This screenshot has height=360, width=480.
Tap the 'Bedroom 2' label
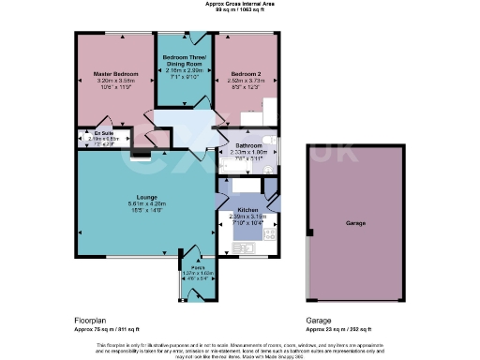point(247,72)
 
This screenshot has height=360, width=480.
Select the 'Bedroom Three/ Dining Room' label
point(184,60)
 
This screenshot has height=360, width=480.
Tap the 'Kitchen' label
point(247,210)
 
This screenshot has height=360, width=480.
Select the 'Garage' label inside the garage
point(355,224)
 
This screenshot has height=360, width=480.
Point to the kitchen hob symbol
point(270,233)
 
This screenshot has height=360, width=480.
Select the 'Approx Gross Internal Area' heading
point(239,4)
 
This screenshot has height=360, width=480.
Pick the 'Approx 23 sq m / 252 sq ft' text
point(338,329)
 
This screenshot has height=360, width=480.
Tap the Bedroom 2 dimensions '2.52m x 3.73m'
point(247,81)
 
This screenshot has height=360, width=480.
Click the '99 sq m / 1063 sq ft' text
point(239,10)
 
